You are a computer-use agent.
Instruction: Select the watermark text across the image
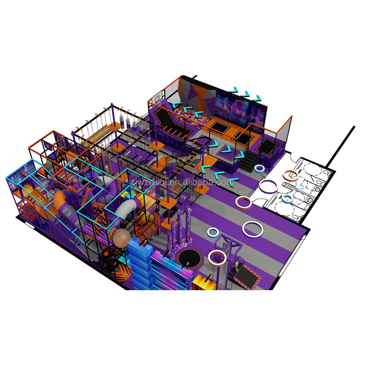coord(182,182)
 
